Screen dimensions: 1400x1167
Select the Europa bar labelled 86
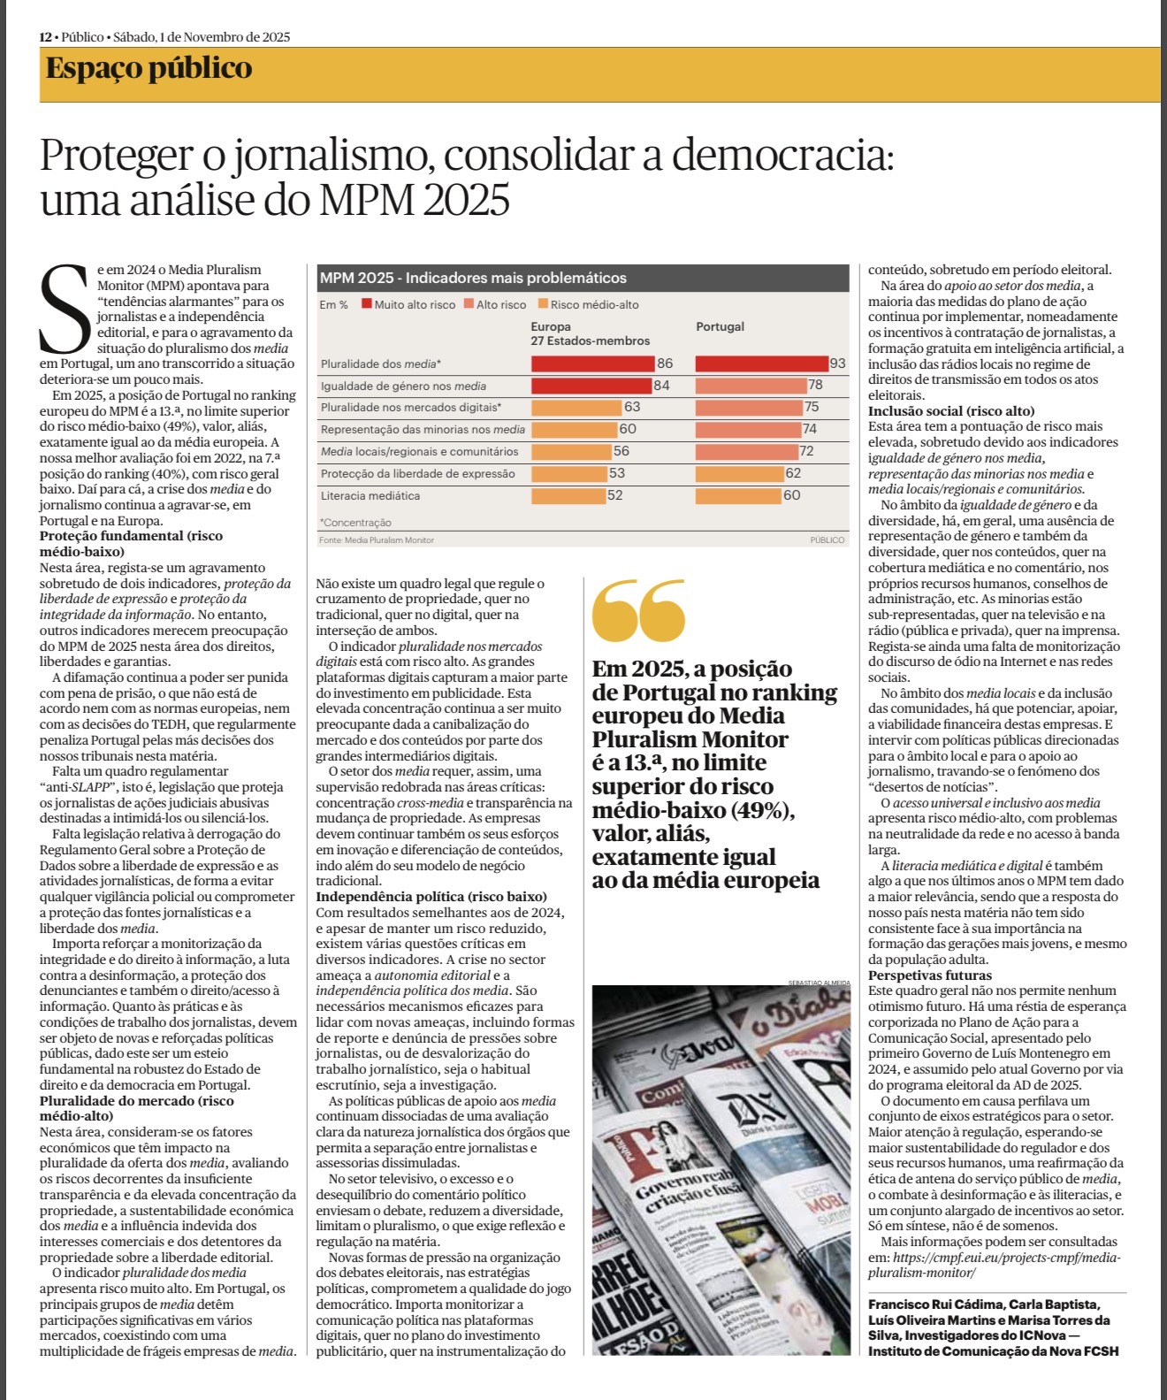592,363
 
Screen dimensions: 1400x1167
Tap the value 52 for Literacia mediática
614,495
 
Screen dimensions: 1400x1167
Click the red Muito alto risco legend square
366,304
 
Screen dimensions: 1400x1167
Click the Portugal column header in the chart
720,326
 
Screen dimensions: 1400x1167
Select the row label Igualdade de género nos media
403,386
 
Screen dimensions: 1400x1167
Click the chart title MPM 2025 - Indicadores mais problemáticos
473,278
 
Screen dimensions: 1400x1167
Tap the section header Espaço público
149,69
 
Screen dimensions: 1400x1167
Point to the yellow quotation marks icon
638,609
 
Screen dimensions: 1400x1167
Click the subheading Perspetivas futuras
917,975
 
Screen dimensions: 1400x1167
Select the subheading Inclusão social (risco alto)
950,410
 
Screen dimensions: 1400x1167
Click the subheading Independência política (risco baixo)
431,897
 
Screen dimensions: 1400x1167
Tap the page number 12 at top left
45,37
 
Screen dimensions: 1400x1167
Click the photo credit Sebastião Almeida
819,983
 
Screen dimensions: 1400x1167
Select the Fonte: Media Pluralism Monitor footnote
377,539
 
